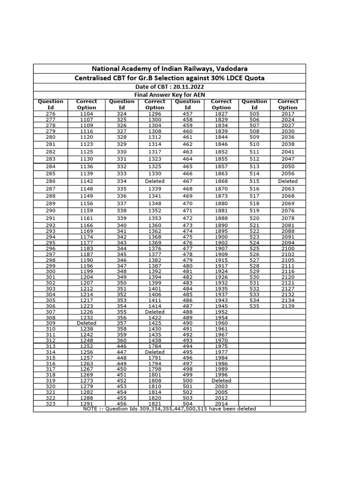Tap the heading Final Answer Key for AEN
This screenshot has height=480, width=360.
169,94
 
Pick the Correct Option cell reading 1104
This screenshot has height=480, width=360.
86,114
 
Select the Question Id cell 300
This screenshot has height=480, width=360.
51,271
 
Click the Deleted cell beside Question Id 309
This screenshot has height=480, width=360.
86,323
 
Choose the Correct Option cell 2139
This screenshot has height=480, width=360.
288,306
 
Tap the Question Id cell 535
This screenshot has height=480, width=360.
255,306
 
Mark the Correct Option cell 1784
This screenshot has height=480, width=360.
155,346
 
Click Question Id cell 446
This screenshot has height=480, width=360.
121,346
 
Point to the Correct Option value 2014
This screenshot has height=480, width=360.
221,404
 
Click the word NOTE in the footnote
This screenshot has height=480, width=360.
90,409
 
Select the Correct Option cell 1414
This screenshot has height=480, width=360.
155,306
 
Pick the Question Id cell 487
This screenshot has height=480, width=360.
187,306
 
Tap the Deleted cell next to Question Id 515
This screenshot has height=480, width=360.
288,181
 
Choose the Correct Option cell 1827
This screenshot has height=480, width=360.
221,114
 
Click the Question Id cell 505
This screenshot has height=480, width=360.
255,114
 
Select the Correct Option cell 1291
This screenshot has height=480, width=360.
86,404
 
